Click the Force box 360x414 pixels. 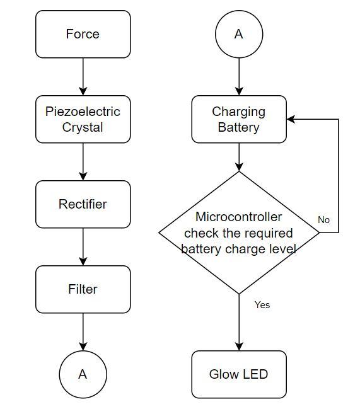click(83, 34)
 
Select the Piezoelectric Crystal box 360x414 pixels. click(83, 119)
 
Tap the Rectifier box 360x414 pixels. click(83, 204)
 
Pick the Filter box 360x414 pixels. click(83, 289)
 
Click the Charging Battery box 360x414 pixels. click(239, 119)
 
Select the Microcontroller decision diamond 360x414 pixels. click(239, 233)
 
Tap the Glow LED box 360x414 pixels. click(239, 374)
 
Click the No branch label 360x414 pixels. click(323, 220)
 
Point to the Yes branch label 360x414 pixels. click(262, 305)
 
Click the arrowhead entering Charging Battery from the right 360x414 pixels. click(291, 119)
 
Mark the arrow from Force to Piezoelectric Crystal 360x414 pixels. click(83, 77)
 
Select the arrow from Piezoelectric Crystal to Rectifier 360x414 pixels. click(83, 162)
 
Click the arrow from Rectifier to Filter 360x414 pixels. click(83, 247)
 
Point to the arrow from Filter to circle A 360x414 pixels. click(83, 332)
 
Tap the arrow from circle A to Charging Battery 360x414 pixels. click(239, 77)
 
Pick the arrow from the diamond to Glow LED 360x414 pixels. click(239, 323)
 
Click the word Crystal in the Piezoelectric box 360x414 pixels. click(83, 127)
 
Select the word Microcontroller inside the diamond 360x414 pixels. click(238, 217)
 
